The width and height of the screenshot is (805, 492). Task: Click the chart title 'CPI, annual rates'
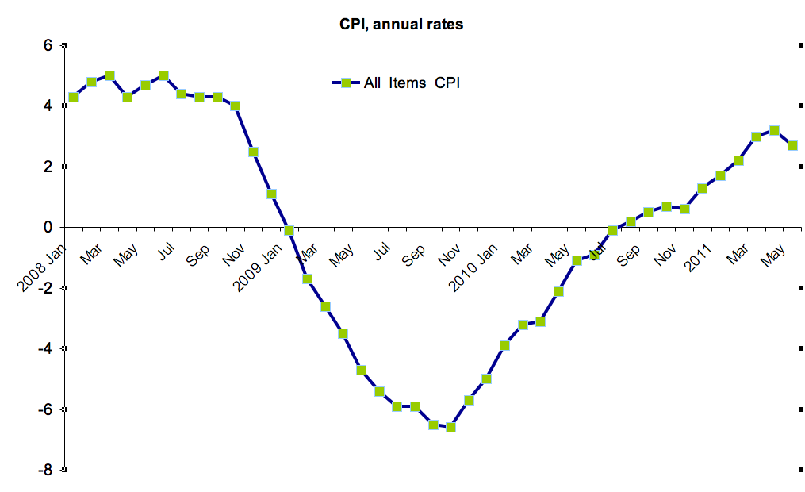[x=401, y=25]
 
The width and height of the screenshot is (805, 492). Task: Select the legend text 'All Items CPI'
[x=412, y=83]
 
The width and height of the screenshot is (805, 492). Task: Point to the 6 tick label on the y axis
[x=48, y=45]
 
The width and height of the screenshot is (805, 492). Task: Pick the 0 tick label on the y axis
[x=48, y=227]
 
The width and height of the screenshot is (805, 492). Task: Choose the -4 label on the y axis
[x=45, y=348]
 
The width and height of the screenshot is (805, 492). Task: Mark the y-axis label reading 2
[x=48, y=167]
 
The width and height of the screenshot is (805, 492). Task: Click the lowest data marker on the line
[x=451, y=427]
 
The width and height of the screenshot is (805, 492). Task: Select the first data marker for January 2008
[x=73, y=97]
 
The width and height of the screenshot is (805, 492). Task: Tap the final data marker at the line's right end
[x=792, y=145]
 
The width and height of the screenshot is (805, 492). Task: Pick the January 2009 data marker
[x=289, y=230]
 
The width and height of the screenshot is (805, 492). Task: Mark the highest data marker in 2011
[x=774, y=130]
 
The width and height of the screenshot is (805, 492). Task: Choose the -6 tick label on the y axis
[x=45, y=409]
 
